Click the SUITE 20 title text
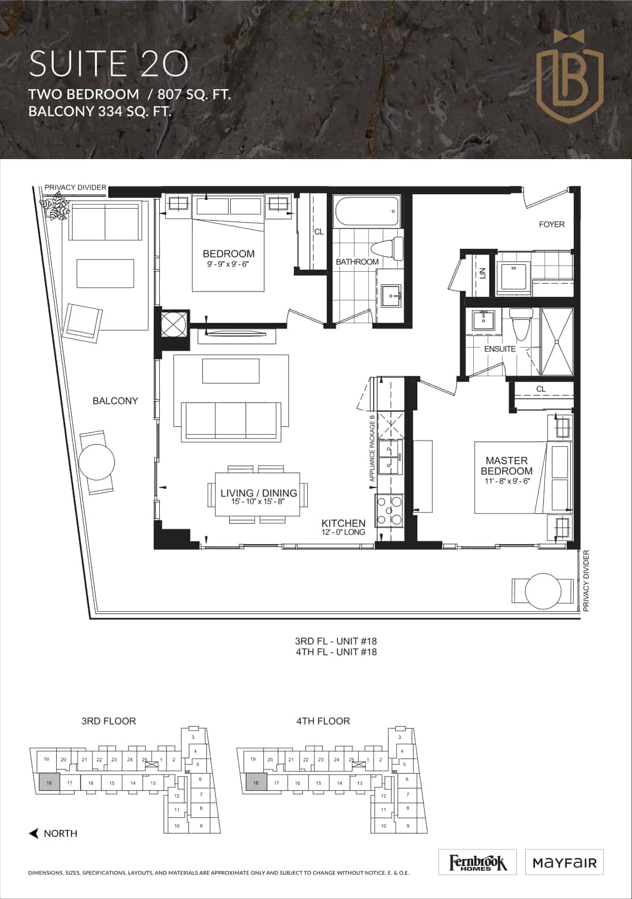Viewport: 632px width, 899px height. pos(109,64)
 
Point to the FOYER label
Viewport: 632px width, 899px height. pos(551,224)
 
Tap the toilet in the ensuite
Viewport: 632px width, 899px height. pos(521,324)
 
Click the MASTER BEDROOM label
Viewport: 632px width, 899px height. pos(506,466)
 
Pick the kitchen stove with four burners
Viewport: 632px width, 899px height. pos(389,510)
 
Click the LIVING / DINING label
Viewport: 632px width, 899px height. pos(259,493)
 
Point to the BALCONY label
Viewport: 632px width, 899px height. pos(115,401)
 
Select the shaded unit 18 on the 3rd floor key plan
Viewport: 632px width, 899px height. pos(49,782)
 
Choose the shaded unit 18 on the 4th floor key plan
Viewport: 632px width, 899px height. pos(256,782)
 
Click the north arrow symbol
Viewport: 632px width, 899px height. pos(34,834)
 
